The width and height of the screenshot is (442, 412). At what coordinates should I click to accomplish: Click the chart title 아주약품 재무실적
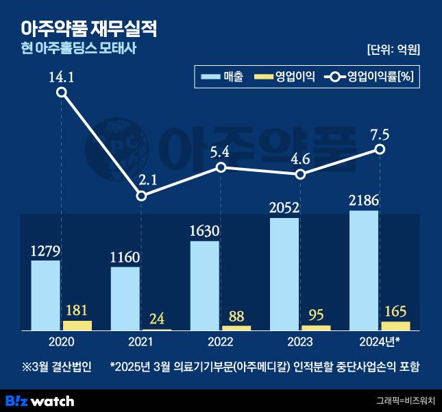point(90,28)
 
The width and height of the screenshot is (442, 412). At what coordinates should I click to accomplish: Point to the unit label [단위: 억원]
point(393,49)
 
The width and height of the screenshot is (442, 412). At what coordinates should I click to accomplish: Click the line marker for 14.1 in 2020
point(62,93)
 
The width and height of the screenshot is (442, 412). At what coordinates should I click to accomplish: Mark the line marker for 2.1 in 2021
point(141,195)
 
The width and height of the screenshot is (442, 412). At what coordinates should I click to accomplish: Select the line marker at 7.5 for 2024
point(380,149)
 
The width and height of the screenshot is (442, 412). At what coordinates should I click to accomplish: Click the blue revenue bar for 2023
point(285,274)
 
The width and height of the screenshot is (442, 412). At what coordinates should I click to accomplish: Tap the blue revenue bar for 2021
point(125,298)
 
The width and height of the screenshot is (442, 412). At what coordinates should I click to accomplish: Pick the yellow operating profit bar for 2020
point(77,325)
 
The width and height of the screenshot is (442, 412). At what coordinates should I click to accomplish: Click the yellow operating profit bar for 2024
point(395,326)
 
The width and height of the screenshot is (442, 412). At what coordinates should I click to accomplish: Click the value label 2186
point(364,201)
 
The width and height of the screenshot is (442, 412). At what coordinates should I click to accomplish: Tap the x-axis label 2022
point(221,341)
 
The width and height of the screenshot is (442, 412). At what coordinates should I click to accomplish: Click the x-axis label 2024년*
point(380,341)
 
